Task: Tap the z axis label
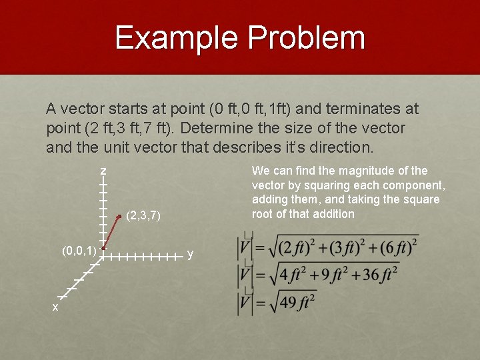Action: [103, 172]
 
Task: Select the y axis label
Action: [191, 254]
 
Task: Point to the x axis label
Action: [55, 307]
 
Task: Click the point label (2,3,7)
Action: [144, 215]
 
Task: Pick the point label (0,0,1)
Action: [79, 251]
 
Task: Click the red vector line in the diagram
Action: [111, 232]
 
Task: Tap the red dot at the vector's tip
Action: [119, 216]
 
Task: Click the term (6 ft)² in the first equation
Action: [395, 247]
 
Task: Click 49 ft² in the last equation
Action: [297, 302]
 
